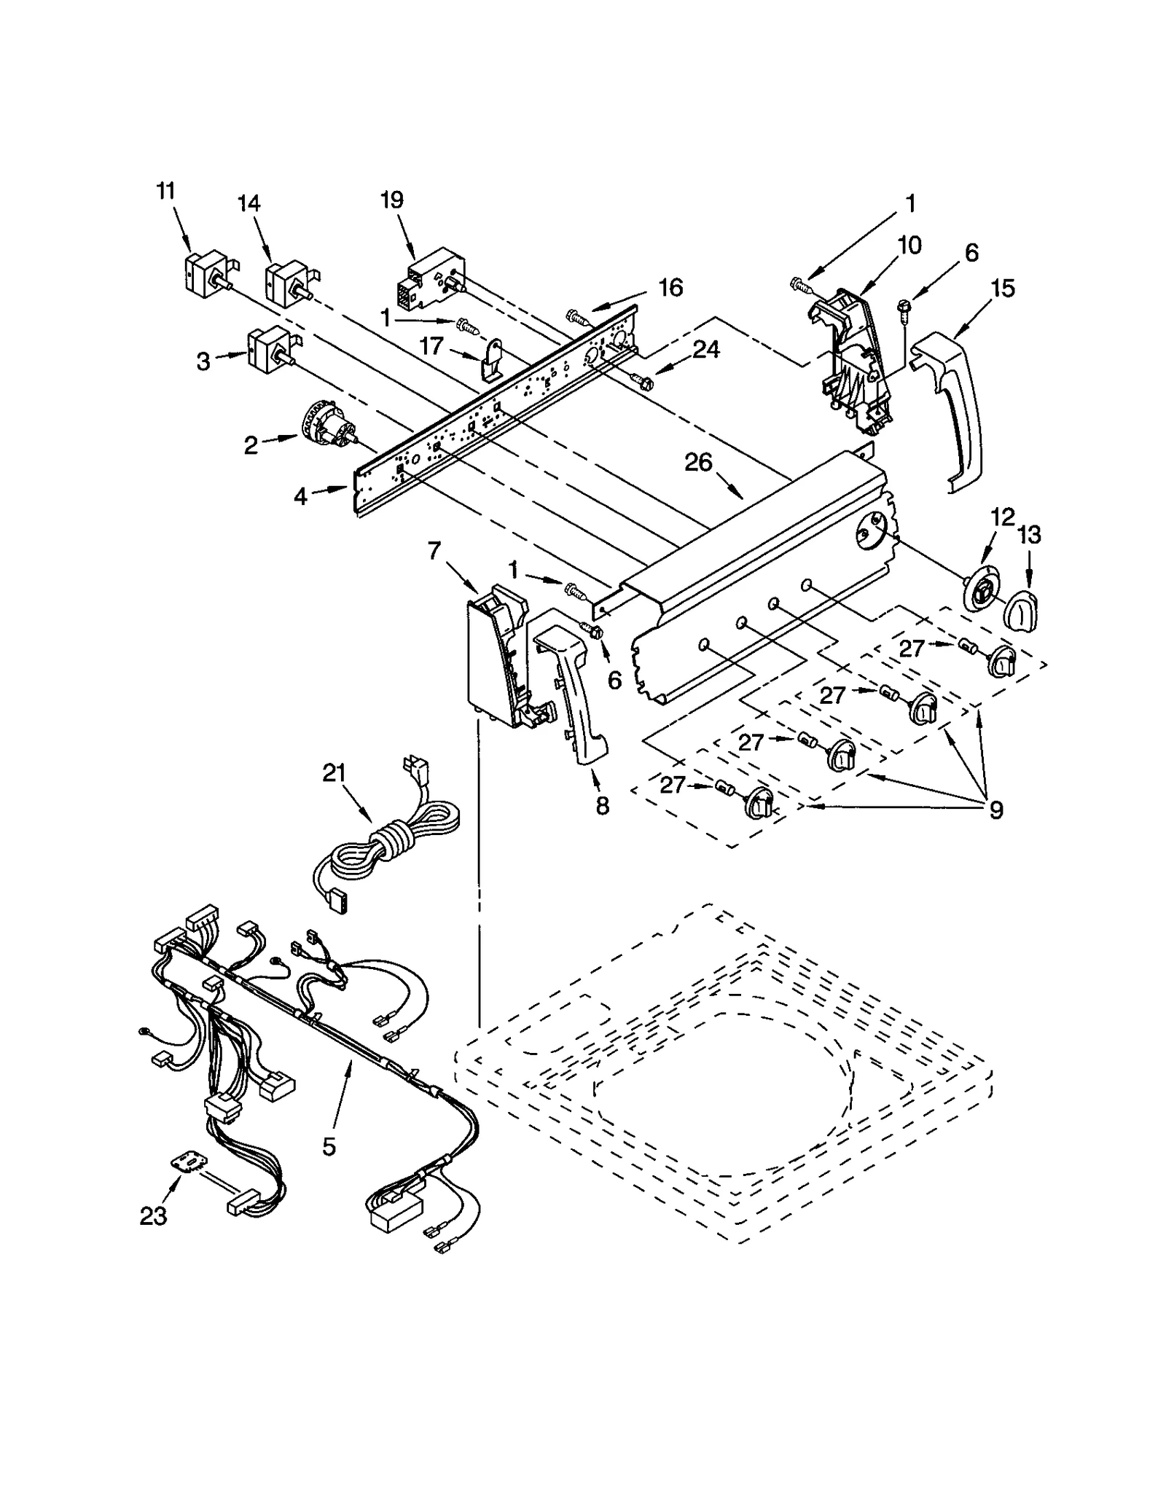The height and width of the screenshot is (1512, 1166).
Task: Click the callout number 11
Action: pos(166,192)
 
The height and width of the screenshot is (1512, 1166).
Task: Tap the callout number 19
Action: pos(392,200)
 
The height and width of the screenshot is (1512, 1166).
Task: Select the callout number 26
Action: pos(697,462)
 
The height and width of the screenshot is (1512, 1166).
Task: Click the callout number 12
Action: pos(1003,517)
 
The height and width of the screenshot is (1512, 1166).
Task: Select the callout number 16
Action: pos(670,287)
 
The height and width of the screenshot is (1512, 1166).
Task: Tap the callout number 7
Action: pos(434,551)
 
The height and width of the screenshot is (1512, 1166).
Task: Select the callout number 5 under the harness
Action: pos(329,1146)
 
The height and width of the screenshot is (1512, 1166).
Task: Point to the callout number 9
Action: pos(995,809)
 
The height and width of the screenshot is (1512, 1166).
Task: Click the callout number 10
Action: pos(909,245)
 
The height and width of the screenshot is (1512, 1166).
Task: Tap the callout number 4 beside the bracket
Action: pos(301,496)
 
